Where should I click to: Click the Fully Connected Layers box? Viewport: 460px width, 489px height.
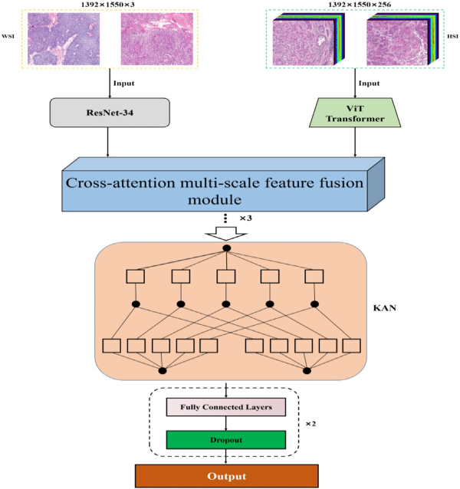(x=225, y=406)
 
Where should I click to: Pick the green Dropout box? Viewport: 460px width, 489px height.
(x=225, y=440)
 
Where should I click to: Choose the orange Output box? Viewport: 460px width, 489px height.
(x=225, y=474)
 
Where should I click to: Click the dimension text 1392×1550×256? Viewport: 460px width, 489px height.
(x=350, y=5)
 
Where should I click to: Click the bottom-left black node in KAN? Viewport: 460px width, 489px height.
(x=161, y=371)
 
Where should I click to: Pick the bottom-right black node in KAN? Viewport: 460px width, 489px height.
(x=307, y=371)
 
